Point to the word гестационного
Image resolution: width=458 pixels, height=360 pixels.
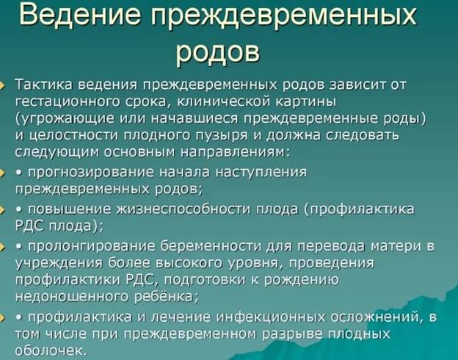[x=68, y=102]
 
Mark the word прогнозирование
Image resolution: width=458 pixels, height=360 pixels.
[x=91, y=173]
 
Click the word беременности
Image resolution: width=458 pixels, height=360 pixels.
[x=211, y=246]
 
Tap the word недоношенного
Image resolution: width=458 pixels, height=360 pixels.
[x=72, y=297]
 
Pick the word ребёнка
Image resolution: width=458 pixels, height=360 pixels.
[x=166, y=297]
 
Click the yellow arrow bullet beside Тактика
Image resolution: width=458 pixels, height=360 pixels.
[x=2, y=85]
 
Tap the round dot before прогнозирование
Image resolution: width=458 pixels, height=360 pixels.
[x=19, y=173]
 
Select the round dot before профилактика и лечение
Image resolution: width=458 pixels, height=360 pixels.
[x=19, y=317]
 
